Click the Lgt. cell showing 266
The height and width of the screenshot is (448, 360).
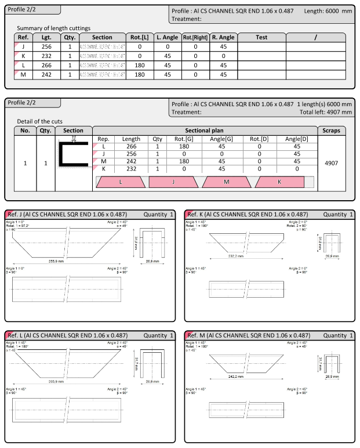click(x=46, y=66)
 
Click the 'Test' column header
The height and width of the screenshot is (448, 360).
click(x=261, y=38)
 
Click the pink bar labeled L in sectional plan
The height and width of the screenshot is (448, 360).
click(x=120, y=182)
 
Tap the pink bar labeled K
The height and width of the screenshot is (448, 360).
click(x=279, y=182)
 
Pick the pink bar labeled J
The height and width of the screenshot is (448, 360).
click(x=173, y=182)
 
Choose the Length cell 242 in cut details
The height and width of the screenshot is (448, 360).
click(x=131, y=161)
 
